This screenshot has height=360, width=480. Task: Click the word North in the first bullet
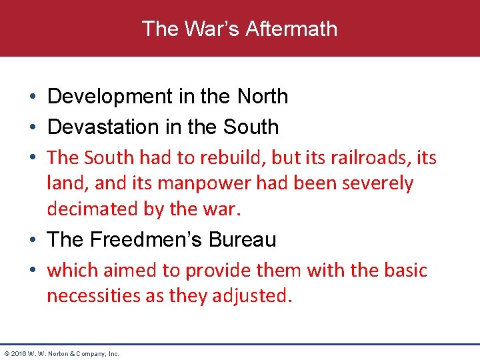[x=263, y=97]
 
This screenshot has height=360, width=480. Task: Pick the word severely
[x=378, y=183]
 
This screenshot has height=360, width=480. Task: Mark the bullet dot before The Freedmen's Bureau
[x=32, y=240]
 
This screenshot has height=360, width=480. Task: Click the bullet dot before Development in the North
[x=32, y=97]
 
